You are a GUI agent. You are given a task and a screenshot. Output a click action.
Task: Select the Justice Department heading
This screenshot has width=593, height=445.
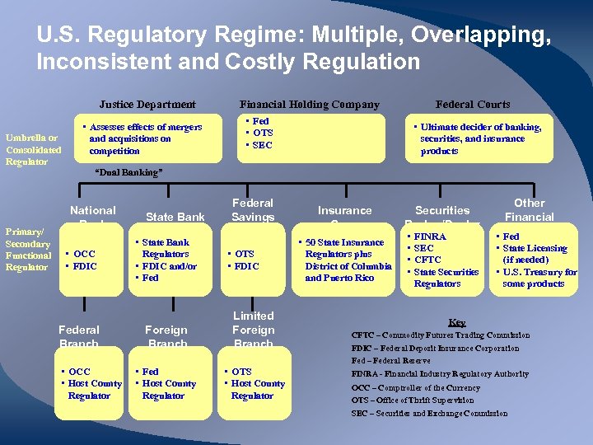coord(147,105)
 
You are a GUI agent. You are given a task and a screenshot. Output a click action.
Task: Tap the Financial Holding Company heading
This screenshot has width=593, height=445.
coord(310,105)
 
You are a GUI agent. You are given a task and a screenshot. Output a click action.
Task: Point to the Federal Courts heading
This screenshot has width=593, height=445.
coord(473,105)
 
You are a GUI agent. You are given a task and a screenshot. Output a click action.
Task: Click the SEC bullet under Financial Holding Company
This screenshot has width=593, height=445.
coord(262,145)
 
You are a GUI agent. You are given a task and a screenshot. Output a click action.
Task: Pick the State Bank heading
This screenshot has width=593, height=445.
coord(175,218)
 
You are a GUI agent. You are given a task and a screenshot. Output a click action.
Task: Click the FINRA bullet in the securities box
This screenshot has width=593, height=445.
coord(430,237)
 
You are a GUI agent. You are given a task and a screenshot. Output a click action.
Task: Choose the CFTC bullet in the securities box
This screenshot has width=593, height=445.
coord(428,260)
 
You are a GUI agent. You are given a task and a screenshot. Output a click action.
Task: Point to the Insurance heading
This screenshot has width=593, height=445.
coord(344,211)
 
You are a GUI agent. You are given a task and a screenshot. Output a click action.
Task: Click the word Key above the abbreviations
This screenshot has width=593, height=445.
coord(456,322)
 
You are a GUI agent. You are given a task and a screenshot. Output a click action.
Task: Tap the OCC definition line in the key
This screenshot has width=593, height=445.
coord(415,387)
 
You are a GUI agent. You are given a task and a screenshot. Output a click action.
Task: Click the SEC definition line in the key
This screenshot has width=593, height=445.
coord(429,414)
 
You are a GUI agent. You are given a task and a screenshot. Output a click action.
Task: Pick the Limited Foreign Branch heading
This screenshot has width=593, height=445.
coord(254,330)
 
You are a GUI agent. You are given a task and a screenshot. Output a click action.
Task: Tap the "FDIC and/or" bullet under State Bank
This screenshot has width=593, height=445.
coord(170,266)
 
